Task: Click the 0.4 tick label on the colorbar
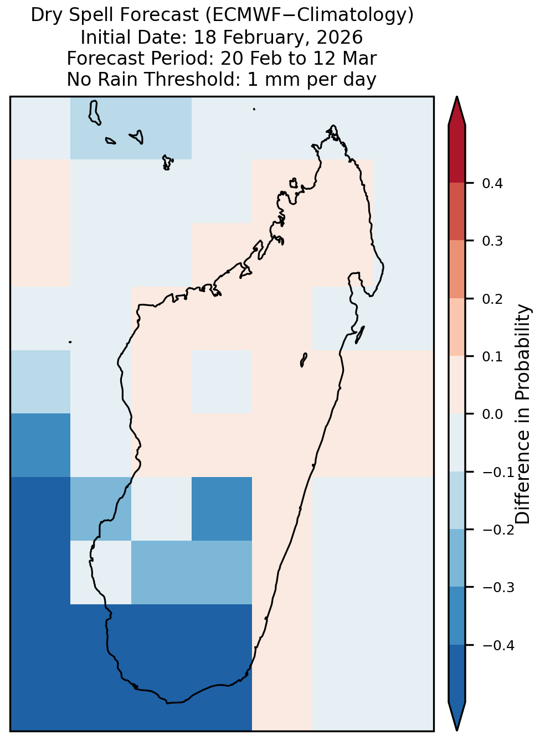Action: [x=492, y=184]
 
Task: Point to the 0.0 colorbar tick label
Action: [x=492, y=414]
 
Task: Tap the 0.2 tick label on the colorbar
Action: [x=492, y=299]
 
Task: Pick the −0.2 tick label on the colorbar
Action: [x=498, y=530]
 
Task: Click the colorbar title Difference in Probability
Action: [x=523, y=414]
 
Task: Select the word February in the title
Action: [x=260, y=38]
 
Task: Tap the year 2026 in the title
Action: [x=340, y=38]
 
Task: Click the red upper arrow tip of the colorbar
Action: [x=457, y=97]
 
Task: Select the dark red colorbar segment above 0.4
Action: [x=457, y=154]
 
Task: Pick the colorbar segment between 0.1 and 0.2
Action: [x=457, y=327]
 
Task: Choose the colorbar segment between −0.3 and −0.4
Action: [x=457, y=616]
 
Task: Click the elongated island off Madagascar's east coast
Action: [x=360, y=335]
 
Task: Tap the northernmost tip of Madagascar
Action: [x=333, y=126]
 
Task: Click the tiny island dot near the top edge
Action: [x=254, y=109]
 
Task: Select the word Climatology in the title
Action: [x=352, y=15]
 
